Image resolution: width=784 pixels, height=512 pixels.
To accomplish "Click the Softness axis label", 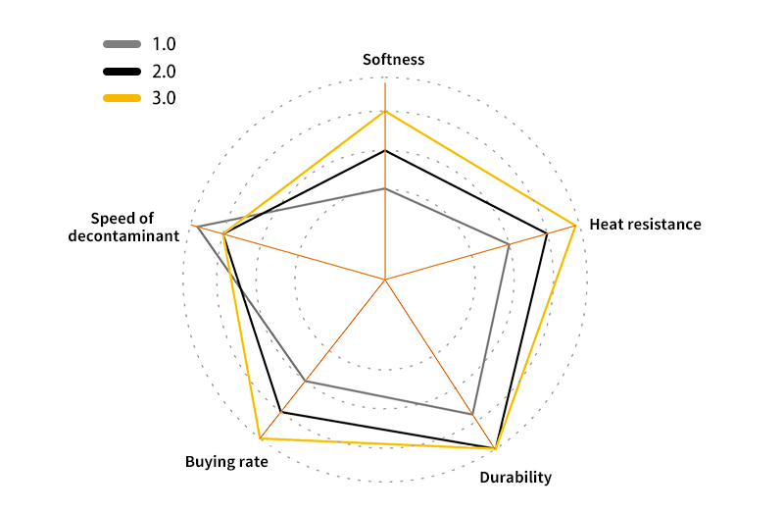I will pyautogui.click(x=393, y=60).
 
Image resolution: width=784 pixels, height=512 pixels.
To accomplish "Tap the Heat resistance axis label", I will pyautogui.click(x=645, y=225).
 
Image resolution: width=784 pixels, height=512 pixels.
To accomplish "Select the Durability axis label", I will pyautogui.click(x=515, y=479).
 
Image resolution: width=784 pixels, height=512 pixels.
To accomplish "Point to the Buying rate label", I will pyautogui.click(x=226, y=461).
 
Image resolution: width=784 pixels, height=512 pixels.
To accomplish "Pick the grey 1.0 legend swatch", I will pyautogui.click(x=122, y=44).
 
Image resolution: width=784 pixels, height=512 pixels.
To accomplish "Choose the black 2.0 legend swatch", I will pyautogui.click(x=122, y=72).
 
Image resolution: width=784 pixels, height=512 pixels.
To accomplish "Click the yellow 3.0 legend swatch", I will pyautogui.click(x=122, y=98).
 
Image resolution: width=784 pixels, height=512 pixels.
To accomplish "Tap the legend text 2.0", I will pyautogui.click(x=164, y=72).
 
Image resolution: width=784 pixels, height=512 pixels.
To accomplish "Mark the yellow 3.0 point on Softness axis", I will pyautogui.click(x=385, y=111).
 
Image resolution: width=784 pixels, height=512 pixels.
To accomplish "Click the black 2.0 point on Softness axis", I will pyautogui.click(x=385, y=150).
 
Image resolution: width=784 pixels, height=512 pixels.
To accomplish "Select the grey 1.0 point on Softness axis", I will pyautogui.click(x=385, y=188).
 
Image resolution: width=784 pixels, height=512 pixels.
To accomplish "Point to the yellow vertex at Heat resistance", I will pyautogui.click(x=574, y=227).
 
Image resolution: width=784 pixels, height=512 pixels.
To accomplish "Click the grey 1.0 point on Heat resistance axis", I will pyautogui.click(x=510, y=243).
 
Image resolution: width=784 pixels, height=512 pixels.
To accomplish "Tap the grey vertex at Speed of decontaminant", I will pyautogui.click(x=198, y=227).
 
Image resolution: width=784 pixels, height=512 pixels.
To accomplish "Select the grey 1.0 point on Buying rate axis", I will pyautogui.click(x=308, y=381).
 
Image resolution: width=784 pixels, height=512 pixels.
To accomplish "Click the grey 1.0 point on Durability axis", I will pyautogui.click(x=472, y=414).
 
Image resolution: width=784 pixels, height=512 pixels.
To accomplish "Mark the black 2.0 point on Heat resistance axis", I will pyautogui.click(x=546, y=233).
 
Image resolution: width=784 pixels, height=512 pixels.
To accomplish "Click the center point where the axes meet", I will pyautogui.click(x=385, y=281).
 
